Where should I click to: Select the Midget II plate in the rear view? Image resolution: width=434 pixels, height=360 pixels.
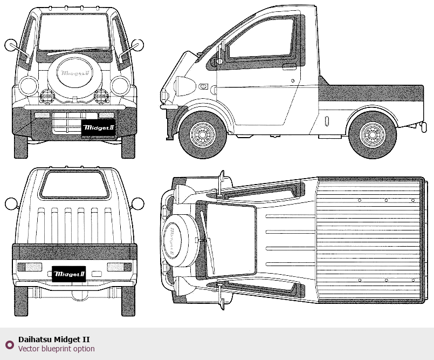[x=68, y=274]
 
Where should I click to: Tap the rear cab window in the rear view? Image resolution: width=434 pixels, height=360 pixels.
[x=74, y=184]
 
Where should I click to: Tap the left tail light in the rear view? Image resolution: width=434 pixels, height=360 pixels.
[x=30, y=267]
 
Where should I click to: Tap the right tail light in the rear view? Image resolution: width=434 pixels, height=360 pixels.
[x=119, y=267]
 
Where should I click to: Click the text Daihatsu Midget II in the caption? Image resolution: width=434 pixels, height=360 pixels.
[x=54, y=339]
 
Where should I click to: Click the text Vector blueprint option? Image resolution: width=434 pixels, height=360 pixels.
[x=56, y=349]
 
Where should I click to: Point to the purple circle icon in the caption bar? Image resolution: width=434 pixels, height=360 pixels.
[x=9, y=344]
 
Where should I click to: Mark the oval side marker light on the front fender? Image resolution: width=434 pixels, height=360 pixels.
[x=203, y=86]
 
